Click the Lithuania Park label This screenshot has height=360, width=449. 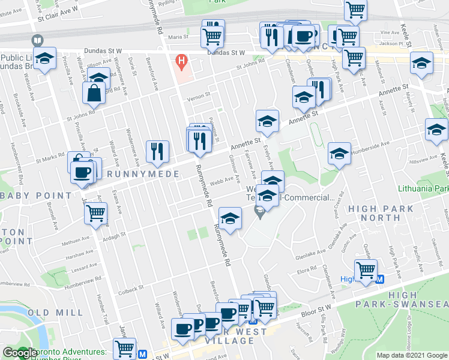(x=424, y=188)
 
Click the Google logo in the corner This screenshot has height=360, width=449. (x=19, y=353)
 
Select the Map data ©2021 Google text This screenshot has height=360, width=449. (x=412, y=355)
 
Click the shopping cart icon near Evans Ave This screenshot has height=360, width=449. (x=96, y=213)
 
